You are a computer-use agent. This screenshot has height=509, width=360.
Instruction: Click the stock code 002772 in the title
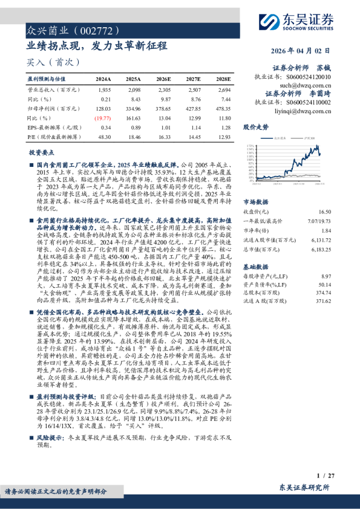click(87, 29)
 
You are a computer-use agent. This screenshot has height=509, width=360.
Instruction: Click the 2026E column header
click(163, 79)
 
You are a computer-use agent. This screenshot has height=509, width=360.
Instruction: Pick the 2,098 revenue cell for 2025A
click(133, 89)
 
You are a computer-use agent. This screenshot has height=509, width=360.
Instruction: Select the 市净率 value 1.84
click(327, 230)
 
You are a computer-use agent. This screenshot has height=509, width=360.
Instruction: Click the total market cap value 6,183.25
click(321, 248)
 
